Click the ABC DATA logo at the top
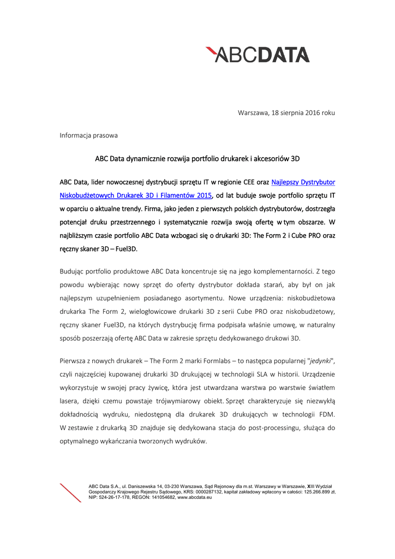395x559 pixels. coord(258,55)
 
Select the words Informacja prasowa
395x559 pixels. coord(88,135)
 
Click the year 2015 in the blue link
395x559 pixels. coord(201,195)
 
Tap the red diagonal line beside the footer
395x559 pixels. coord(70,492)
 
